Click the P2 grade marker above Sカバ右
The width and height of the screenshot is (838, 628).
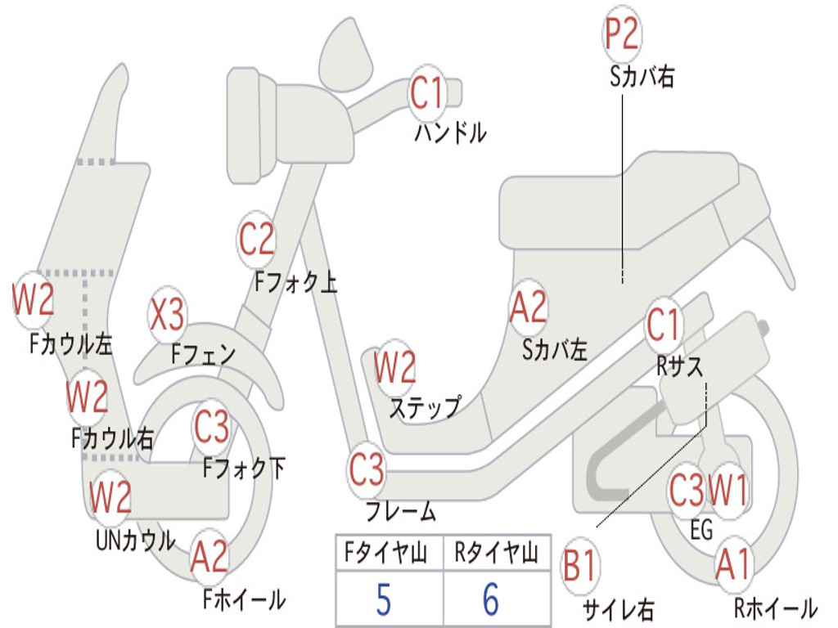click(621, 35)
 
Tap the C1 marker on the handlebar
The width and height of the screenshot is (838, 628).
click(426, 92)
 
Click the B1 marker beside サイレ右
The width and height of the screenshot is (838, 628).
click(580, 566)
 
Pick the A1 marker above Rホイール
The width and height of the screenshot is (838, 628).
click(732, 564)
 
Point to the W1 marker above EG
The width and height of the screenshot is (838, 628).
click(728, 491)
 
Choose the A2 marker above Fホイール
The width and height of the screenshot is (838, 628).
click(209, 558)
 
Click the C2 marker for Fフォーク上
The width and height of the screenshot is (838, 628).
click(257, 240)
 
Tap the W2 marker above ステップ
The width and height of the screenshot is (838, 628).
click(395, 368)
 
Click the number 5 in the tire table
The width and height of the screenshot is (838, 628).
click(383, 600)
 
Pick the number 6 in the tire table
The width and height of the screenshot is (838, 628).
click(490, 600)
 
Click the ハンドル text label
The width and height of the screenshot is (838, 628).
click(450, 132)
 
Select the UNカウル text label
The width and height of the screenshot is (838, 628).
click(135, 540)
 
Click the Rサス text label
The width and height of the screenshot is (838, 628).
click(679, 367)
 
